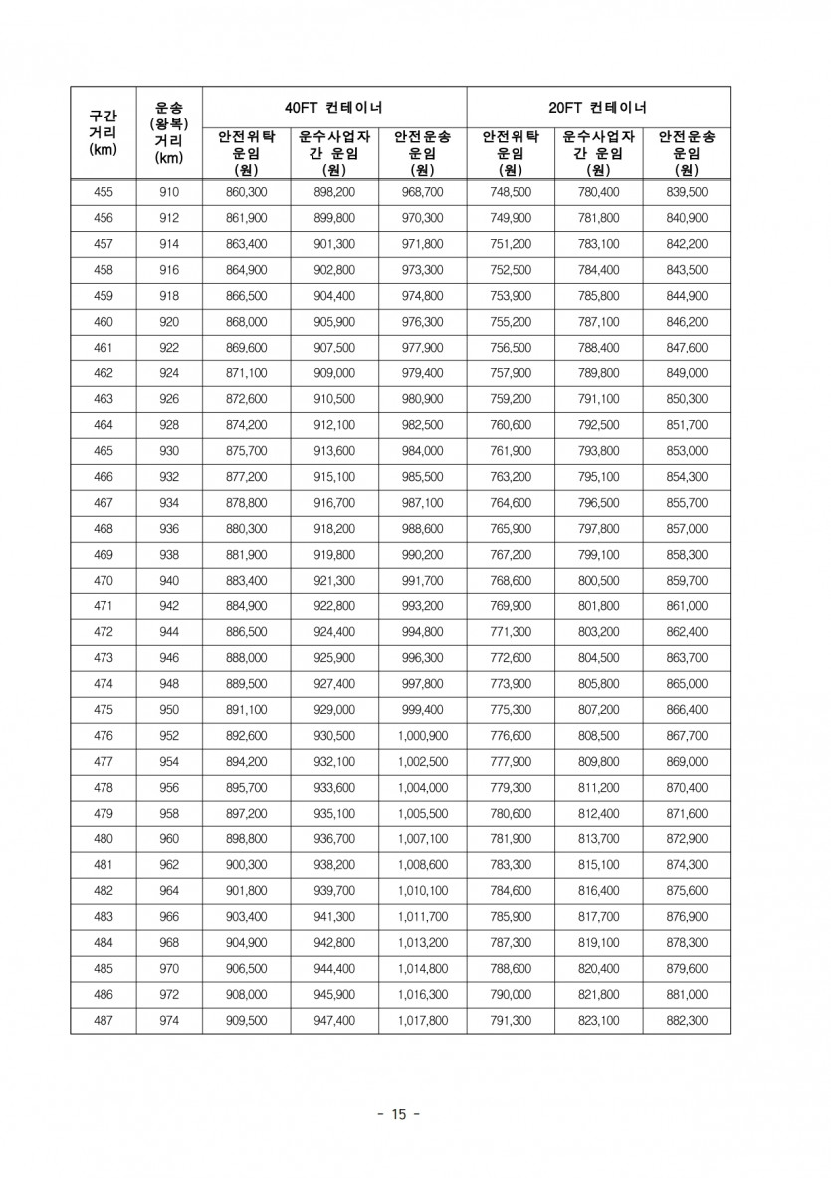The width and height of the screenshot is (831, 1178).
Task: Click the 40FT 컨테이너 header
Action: click(334, 107)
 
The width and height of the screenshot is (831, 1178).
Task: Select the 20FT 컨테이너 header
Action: click(598, 107)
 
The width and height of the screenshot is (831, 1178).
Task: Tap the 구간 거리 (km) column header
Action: click(103, 132)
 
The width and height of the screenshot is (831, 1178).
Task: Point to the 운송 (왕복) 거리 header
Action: click(169, 131)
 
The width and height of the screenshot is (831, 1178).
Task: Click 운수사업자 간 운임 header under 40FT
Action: click(334, 153)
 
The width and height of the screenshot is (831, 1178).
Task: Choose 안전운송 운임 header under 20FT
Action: click(687, 153)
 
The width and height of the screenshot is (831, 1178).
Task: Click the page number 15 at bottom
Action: click(399, 1114)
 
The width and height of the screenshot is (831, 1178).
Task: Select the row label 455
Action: click(103, 192)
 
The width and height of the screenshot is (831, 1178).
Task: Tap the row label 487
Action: click(103, 1021)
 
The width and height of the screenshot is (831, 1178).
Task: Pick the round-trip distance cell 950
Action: click(169, 710)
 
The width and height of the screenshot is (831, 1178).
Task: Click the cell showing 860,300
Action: click(246, 192)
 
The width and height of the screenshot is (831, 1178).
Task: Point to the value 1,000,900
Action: click(423, 736)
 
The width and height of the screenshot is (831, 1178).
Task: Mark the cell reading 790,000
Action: click(511, 995)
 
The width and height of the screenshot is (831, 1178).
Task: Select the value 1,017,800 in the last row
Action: click(423, 1021)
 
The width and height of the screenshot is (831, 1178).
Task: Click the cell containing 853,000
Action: click(687, 451)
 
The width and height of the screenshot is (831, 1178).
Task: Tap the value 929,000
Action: click(334, 710)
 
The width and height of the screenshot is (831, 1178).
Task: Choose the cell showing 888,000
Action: click(246, 658)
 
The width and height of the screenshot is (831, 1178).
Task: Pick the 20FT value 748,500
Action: click(511, 192)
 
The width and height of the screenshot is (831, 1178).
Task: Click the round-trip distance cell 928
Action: click(169, 425)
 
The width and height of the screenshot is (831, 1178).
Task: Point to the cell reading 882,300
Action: click(687, 1021)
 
